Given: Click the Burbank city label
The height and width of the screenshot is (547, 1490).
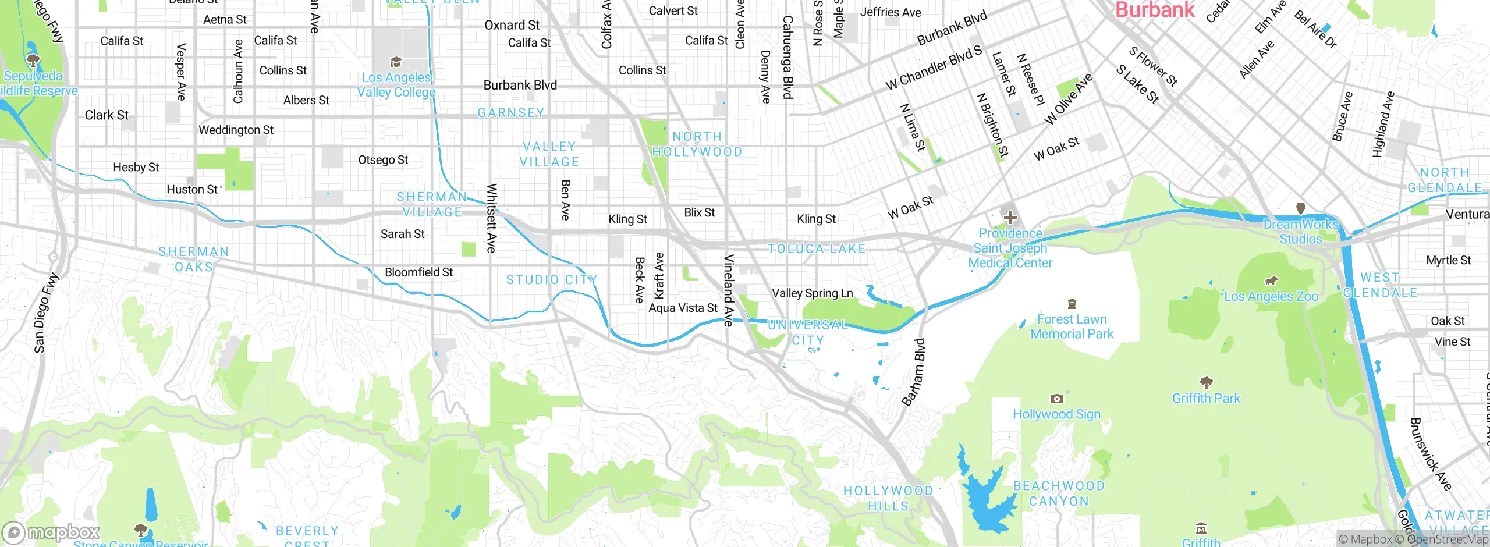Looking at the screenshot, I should tap(1154, 9).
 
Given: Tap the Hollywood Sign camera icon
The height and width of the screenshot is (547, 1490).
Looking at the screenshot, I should tap(1056, 399).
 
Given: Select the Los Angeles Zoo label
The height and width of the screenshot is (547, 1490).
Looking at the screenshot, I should tap(1271, 296).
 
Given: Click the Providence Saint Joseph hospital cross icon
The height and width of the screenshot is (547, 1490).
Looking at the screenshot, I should tap(1010, 218).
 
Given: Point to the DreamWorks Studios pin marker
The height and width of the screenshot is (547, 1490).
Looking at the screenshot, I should tap(1300, 208).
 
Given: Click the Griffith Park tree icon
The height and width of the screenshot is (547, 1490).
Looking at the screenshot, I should tap(1206, 382).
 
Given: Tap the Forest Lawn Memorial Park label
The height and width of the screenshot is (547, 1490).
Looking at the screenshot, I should tap(1072, 326).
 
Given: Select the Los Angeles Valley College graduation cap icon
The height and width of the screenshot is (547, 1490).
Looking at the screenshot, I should tap(396, 62).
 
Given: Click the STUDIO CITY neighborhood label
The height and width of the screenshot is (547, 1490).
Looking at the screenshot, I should tap(551, 280).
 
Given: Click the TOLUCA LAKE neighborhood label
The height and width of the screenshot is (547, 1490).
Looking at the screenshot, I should tap(816, 249).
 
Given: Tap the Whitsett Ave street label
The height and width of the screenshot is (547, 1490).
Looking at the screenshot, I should tap(491, 218).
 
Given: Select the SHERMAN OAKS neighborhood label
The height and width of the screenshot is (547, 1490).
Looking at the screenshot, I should tap(194, 259).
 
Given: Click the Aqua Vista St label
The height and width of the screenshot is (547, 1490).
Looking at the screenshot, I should tap(683, 308).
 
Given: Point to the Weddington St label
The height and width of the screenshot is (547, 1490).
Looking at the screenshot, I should tap(236, 130).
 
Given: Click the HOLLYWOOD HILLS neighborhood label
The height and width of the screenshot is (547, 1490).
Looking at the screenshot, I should tap(888, 498).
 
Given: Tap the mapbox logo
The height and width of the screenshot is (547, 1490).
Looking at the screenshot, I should tap(51, 532).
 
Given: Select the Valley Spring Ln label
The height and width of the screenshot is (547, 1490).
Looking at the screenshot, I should tap(812, 293).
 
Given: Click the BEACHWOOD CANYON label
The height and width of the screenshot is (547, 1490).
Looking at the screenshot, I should tap(1059, 493).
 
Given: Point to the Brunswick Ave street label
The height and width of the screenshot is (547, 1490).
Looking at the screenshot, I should tap(1429, 454).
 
